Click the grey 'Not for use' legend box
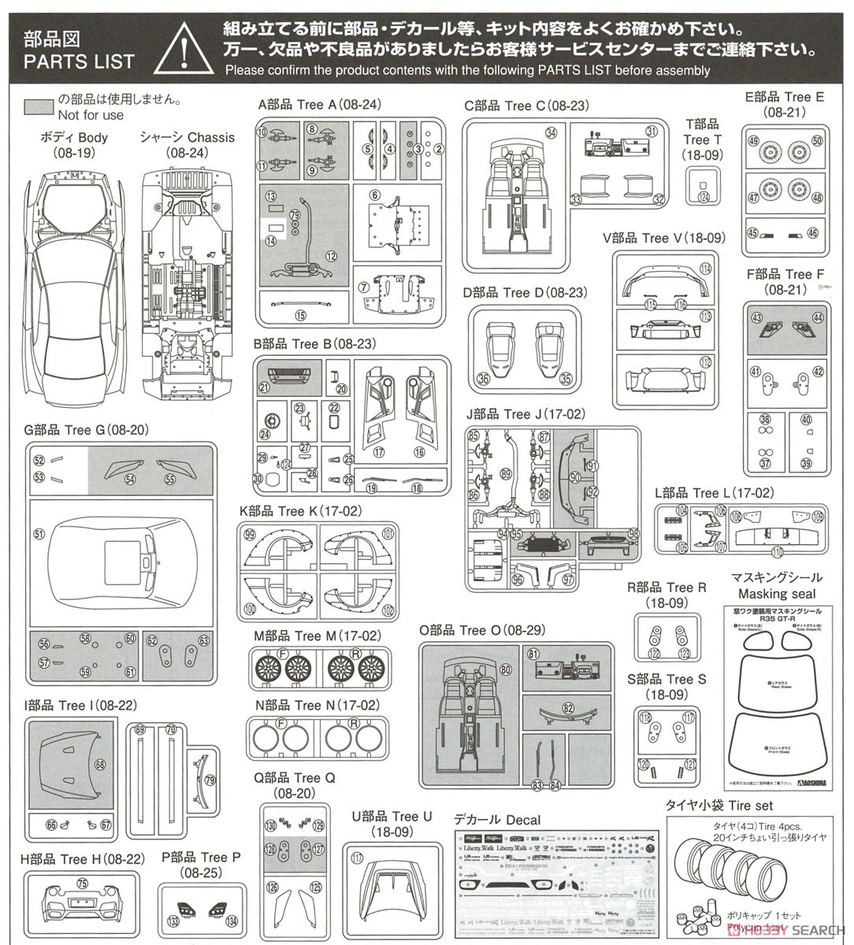(38, 107)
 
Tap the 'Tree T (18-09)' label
(702, 140)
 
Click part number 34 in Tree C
(551, 132)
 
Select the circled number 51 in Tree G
(39, 533)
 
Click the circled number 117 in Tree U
(358, 858)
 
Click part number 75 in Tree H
(83, 884)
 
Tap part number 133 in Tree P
(173, 921)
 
